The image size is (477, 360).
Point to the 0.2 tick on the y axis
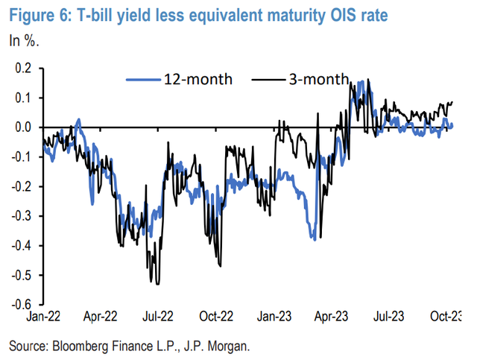23,68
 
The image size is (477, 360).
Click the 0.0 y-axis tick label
23,127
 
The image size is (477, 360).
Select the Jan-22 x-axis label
42,317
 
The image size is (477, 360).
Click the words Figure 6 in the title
39,13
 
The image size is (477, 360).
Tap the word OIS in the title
347,13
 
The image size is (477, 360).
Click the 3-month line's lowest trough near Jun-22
155,283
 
